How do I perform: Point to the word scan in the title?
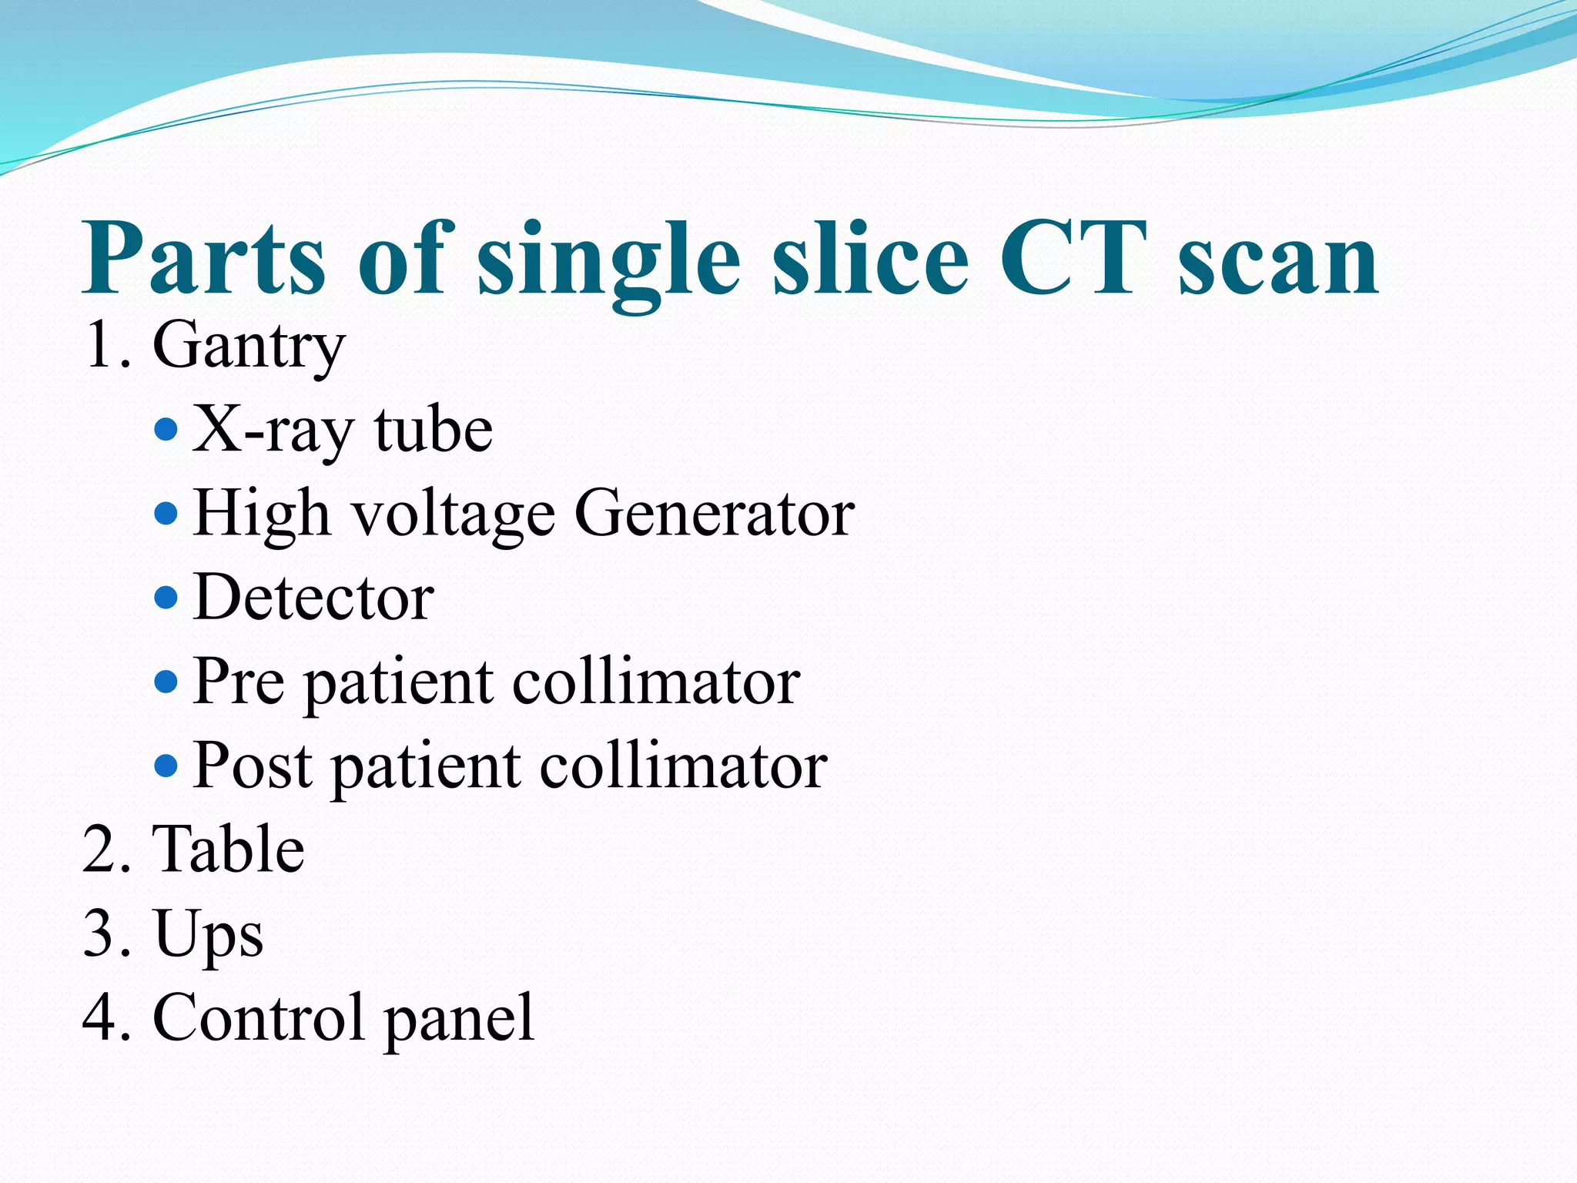pos(1278,266)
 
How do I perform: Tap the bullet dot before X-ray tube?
pos(166,428)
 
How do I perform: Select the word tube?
pos(433,430)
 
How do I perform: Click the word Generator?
pos(714,514)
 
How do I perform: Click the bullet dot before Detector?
pos(166,597)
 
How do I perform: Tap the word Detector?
pos(313,598)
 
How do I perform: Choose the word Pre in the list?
pos(239,682)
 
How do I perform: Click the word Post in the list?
pos(253,766)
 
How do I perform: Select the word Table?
pos(229,849)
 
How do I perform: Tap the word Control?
pos(258,1017)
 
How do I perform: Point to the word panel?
pos(458,1020)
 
